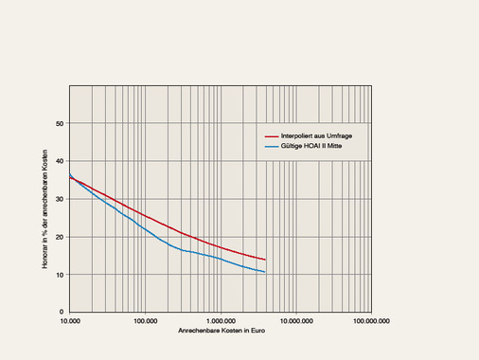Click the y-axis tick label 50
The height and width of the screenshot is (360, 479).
pyautogui.click(x=60, y=123)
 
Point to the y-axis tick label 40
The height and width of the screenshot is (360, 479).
pyautogui.click(x=60, y=161)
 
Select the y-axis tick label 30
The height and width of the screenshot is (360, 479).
pyautogui.click(x=60, y=199)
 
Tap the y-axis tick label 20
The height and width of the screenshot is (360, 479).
pyautogui.click(x=60, y=237)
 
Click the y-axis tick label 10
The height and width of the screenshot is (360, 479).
pyautogui.click(x=60, y=275)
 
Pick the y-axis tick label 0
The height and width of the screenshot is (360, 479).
pyautogui.click(x=62, y=312)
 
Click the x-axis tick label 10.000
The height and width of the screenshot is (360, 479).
pyautogui.click(x=69, y=322)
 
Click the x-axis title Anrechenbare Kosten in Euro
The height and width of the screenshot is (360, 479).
pyautogui.click(x=220, y=332)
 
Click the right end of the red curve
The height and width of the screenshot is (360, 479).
pyautogui.click(x=265, y=260)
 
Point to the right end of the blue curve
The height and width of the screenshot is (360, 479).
pyautogui.click(x=265, y=272)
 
